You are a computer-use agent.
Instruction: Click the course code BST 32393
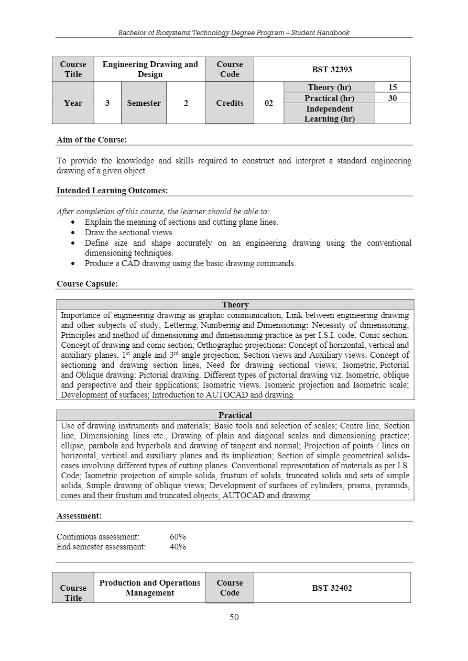332,69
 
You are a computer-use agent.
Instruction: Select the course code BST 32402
332,588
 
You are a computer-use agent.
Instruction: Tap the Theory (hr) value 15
392,87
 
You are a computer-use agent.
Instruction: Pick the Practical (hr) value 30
392,98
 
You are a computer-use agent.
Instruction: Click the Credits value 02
268,103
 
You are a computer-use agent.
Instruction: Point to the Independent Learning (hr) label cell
329,114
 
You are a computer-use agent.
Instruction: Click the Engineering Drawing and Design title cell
150,69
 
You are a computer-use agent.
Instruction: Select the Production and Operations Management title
150,588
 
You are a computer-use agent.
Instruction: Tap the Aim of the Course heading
92,140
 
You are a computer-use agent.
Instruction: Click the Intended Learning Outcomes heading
112,191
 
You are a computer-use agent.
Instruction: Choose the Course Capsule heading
87,284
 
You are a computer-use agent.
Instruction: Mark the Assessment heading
79,516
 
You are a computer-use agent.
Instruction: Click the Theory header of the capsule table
235,305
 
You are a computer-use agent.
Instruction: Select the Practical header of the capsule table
235,415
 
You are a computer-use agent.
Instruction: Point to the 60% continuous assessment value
178,537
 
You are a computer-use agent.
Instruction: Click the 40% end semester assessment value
178,547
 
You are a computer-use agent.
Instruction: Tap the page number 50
234,617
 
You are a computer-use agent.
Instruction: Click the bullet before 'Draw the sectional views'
73,233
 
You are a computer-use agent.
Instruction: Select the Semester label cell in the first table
144,103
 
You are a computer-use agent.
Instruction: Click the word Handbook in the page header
334,32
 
